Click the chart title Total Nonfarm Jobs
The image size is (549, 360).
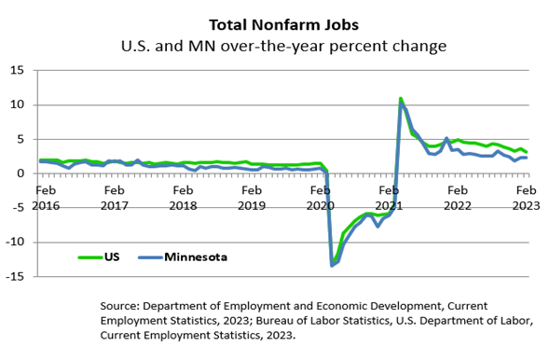tap(283, 24)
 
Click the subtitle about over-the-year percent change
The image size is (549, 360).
tap(283, 46)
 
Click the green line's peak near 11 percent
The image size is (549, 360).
tap(401, 98)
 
